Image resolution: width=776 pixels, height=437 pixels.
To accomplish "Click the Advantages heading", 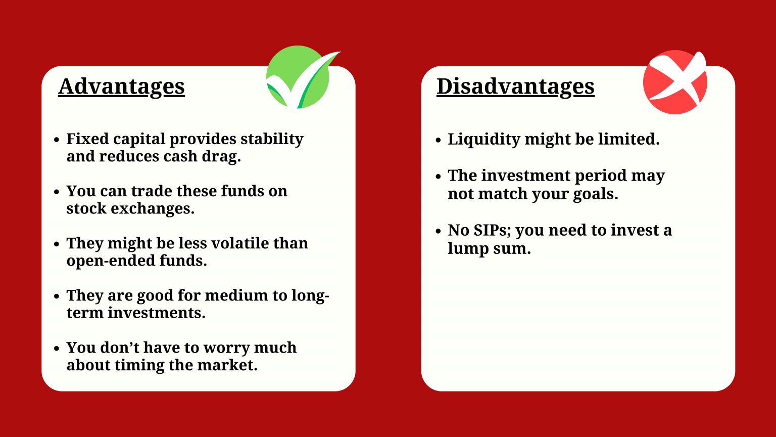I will pyautogui.click(x=121, y=86).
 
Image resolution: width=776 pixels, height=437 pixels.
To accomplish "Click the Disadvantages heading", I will pyautogui.click(x=515, y=86).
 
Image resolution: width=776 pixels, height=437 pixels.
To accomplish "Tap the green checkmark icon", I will pyautogui.click(x=299, y=77).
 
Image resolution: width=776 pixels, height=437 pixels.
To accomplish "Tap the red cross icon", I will pyautogui.click(x=675, y=81).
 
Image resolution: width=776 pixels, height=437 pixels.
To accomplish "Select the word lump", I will pyautogui.click(x=466, y=248).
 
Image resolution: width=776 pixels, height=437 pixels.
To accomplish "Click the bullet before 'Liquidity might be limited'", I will pyautogui.click(x=438, y=139).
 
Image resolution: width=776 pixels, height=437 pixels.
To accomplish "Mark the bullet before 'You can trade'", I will pyautogui.click(x=57, y=191).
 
